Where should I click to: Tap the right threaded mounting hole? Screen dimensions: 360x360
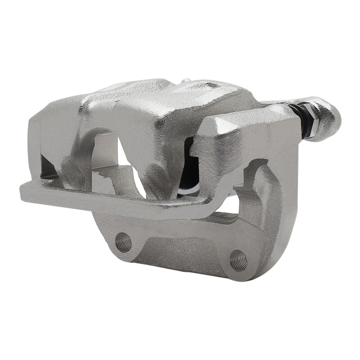tap(238, 260)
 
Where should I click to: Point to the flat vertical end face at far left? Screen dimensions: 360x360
tap(34, 144)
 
